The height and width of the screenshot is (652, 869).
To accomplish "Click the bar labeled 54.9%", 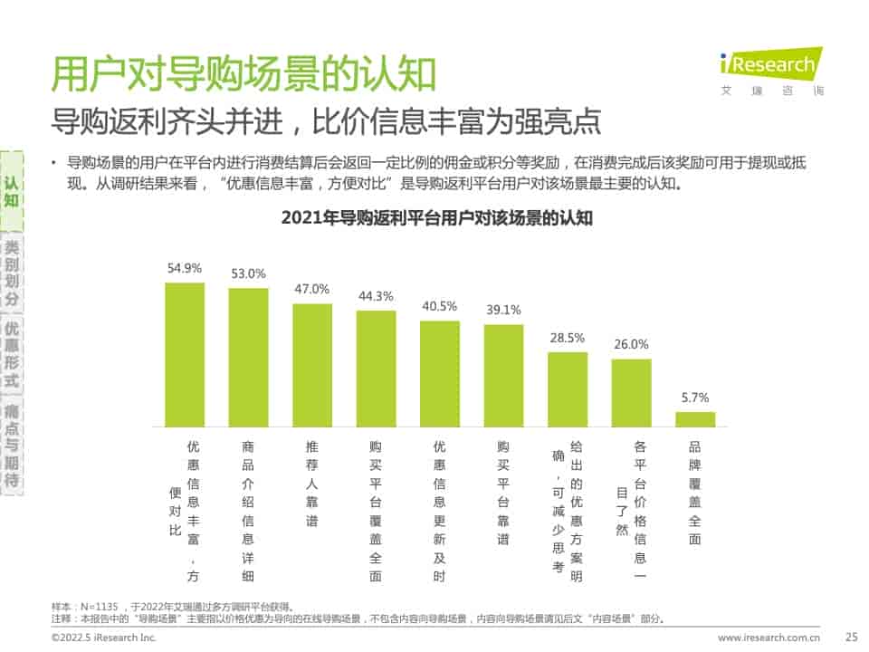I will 184,354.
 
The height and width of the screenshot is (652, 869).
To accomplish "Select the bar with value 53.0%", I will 248,357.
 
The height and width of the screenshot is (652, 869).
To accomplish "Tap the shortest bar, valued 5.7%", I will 695,419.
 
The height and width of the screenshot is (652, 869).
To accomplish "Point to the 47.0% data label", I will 312,289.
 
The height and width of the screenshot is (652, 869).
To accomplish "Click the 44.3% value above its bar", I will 376,296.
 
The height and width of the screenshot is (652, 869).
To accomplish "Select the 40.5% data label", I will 440,306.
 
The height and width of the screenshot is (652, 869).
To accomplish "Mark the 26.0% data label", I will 631,344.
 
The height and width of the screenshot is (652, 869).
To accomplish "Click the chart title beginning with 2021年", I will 436,218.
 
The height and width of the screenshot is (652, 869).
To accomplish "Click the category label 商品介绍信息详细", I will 248,512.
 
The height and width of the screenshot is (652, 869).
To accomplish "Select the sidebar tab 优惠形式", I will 12,354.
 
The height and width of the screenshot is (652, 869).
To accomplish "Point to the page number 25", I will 850,638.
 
